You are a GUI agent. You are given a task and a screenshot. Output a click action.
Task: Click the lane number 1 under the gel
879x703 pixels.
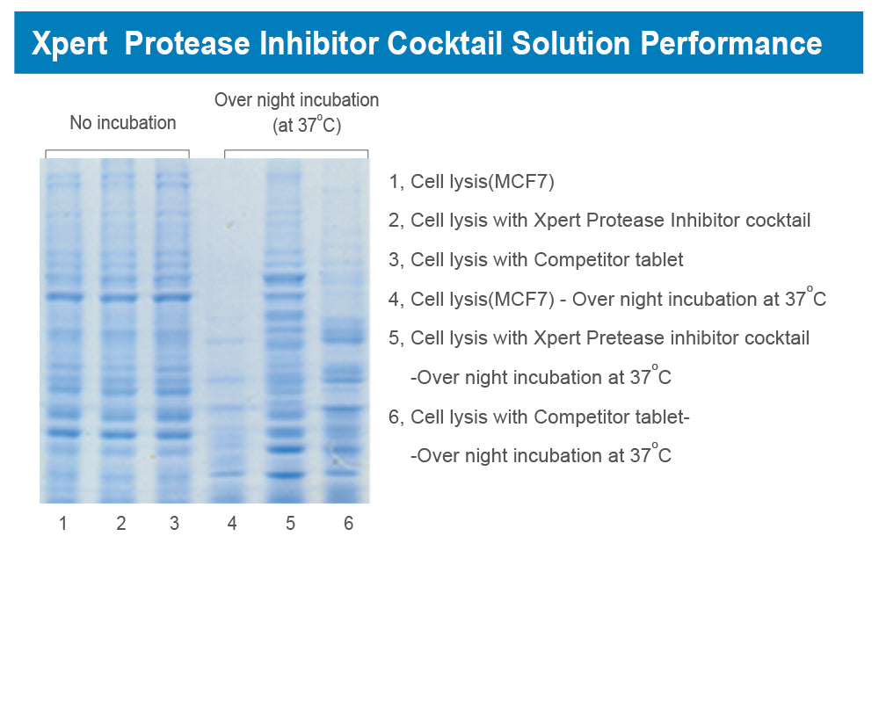[63, 524]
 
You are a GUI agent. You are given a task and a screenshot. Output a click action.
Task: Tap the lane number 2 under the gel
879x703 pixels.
[121, 524]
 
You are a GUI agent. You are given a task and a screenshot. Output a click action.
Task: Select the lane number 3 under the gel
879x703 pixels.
[174, 524]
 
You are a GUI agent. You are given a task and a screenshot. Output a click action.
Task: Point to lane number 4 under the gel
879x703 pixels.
[232, 524]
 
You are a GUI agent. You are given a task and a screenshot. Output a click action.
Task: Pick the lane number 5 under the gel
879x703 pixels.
[290, 524]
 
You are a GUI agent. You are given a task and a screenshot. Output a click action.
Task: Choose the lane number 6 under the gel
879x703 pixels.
[348, 524]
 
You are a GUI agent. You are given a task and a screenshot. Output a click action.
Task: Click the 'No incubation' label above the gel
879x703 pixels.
[123, 123]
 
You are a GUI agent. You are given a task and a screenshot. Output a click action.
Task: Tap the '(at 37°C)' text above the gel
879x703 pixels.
[307, 126]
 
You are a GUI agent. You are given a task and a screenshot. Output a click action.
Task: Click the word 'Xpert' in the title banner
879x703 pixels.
[69, 43]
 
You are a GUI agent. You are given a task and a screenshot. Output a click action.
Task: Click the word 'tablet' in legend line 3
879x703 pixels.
[658, 260]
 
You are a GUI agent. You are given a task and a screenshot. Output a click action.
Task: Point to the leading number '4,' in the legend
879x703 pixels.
[396, 300]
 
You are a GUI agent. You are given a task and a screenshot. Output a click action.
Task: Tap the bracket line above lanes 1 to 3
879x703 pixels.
[117, 150]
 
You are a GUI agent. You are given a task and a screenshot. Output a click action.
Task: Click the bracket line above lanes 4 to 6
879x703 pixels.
[296, 150]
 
